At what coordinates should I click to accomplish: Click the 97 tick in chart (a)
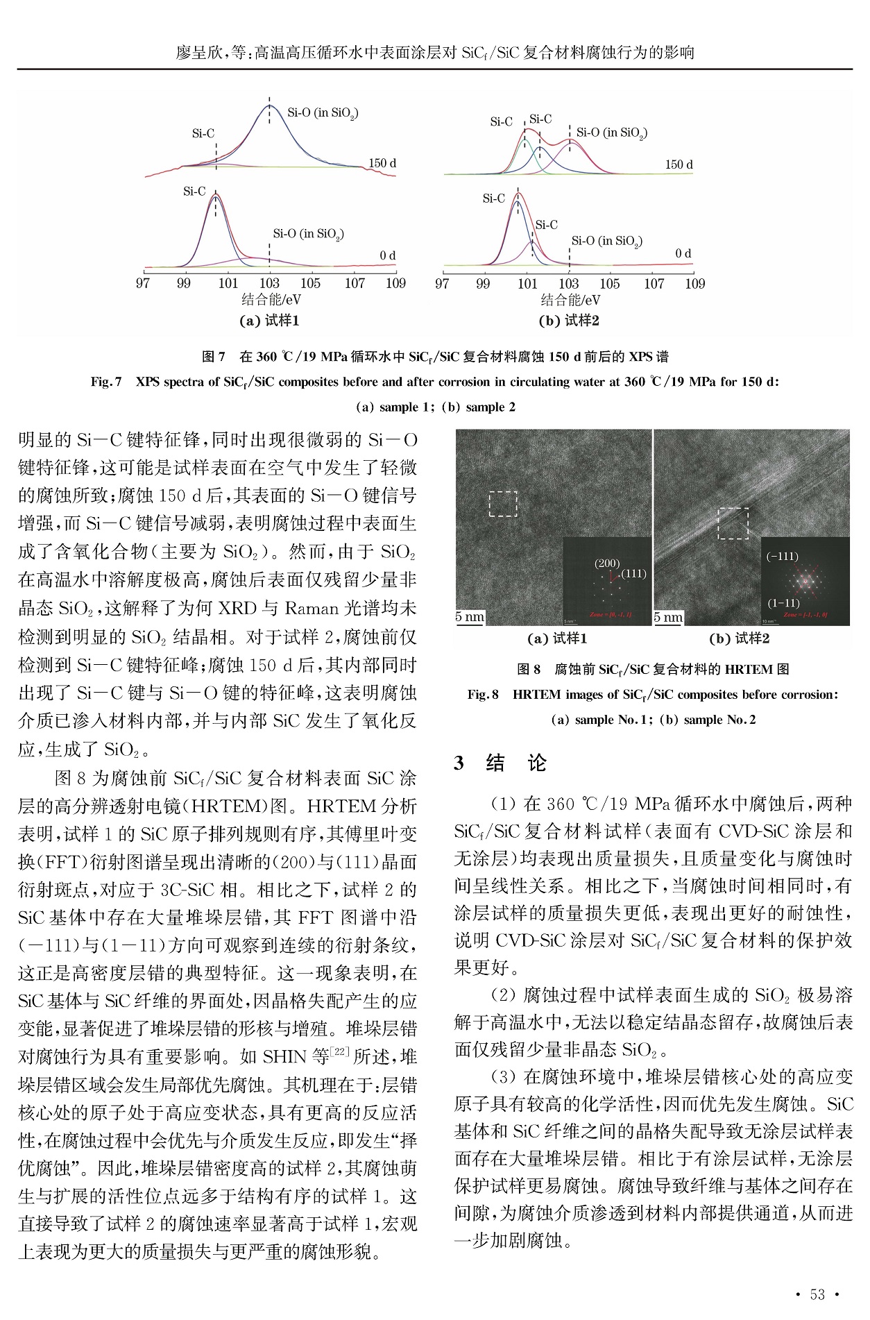pyautogui.click(x=144, y=283)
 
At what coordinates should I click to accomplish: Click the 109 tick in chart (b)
pyautogui.click(x=694, y=283)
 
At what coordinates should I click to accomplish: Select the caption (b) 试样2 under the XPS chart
pyautogui.click(x=569, y=320)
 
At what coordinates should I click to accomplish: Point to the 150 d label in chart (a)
pyautogui.click(x=382, y=164)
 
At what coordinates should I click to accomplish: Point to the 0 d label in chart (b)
pyautogui.click(x=683, y=254)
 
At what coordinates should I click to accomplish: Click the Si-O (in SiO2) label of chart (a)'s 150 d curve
pyautogui.click(x=323, y=113)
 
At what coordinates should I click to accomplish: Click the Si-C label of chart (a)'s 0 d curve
pyautogui.click(x=194, y=192)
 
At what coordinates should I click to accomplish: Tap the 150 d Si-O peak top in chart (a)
pyautogui.click(x=269, y=105)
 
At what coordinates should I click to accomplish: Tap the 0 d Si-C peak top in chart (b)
pyautogui.click(x=518, y=194)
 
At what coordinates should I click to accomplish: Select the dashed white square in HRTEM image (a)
pyautogui.click(x=503, y=504)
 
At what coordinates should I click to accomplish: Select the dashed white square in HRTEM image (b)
pyautogui.click(x=733, y=523)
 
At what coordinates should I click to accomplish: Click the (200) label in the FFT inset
pyautogui.click(x=607, y=564)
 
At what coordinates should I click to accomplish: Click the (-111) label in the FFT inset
pyautogui.click(x=782, y=557)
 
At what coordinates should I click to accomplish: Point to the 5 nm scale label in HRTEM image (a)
pyautogui.click(x=470, y=617)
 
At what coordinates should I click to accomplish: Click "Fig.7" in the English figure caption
pyautogui.click(x=107, y=382)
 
